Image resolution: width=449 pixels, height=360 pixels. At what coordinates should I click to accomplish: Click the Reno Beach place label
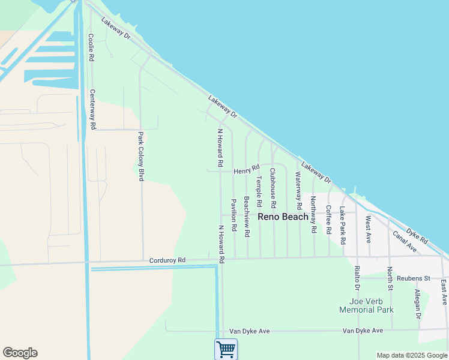click(283, 217)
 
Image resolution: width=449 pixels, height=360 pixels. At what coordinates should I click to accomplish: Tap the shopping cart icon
click(226, 349)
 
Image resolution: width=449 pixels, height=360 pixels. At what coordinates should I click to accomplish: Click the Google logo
click(20, 353)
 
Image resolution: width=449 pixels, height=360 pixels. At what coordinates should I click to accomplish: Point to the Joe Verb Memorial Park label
click(366, 305)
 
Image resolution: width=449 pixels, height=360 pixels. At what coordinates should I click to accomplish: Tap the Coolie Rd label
click(91, 47)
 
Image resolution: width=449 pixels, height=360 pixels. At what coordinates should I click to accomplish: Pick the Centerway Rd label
click(92, 110)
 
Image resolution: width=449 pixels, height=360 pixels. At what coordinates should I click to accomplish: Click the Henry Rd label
click(246, 170)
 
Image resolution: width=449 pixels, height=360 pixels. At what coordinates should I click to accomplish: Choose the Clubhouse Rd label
click(273, 187)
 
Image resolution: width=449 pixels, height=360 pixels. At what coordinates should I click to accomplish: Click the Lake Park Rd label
click(342, 226)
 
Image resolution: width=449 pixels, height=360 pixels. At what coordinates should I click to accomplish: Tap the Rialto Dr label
click(357, 274)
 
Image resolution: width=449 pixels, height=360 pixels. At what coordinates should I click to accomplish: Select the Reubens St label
click(419, 278)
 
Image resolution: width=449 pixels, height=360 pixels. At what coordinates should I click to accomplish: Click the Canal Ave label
click(405, 239)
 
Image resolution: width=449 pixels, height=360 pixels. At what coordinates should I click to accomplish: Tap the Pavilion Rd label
click(233, 216)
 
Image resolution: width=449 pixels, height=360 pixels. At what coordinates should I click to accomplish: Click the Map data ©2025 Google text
click(411, 355)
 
